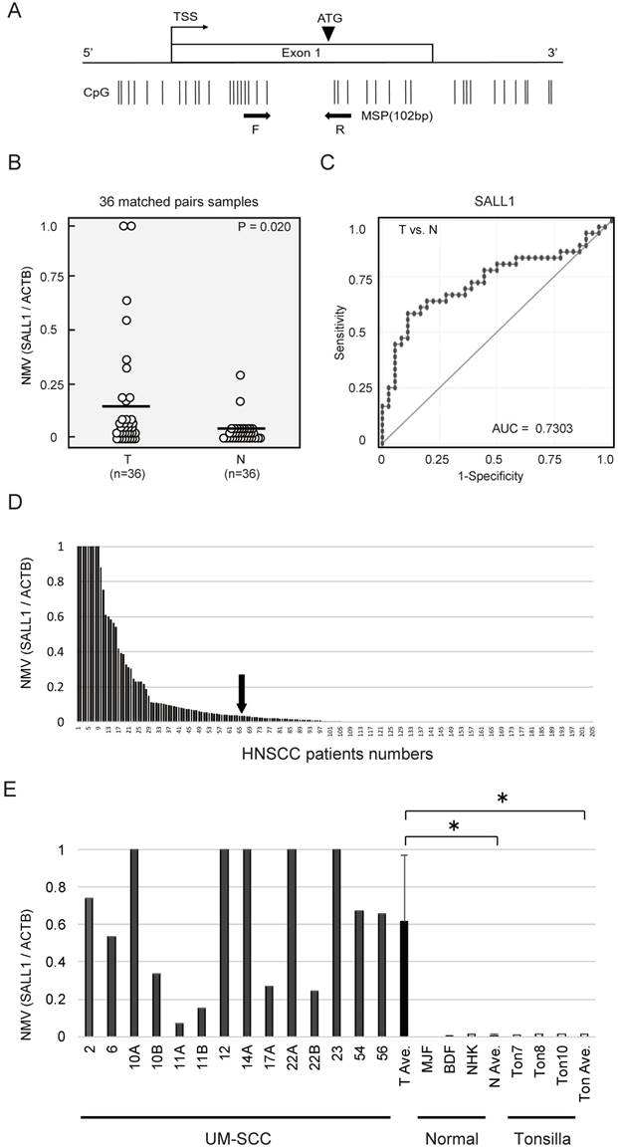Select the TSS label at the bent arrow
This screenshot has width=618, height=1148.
click(x=185, y=16)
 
